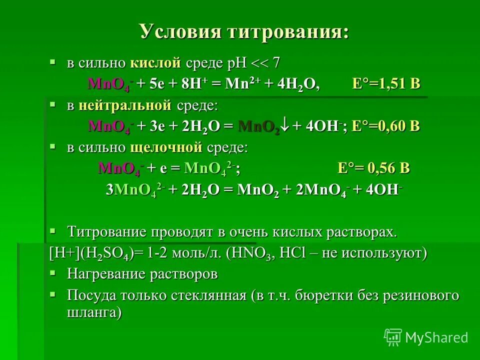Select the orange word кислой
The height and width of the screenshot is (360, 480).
pos(154,63)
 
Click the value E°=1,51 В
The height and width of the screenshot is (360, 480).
pos(386,84)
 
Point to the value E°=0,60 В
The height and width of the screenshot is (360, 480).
pos(385,126)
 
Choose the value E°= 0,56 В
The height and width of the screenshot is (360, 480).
pos(373,168)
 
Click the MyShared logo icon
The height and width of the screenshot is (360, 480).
pos(393,337)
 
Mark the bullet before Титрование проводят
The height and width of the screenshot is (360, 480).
pos(52,231)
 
